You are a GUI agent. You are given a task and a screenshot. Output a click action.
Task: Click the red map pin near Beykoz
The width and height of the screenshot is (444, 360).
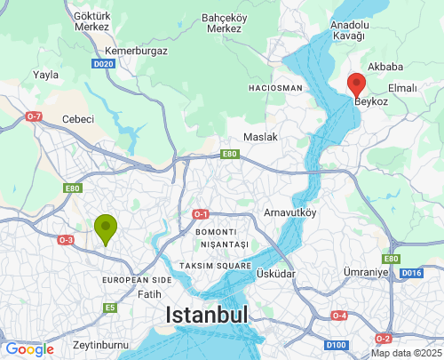356,84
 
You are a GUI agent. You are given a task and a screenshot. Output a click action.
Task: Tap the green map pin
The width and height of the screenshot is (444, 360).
106,228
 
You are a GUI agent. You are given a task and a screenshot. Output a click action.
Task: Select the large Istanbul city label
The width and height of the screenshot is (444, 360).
206,316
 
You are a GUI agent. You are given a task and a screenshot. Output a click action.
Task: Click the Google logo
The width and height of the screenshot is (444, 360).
28,349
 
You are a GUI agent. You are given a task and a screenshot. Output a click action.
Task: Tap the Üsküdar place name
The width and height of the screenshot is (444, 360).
275,274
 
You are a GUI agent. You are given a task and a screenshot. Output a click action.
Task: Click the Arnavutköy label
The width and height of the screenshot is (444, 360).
290,212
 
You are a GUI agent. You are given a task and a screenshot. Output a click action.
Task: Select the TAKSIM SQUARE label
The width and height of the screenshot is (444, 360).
214,266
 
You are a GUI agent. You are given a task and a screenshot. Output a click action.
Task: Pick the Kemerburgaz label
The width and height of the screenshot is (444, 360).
135,52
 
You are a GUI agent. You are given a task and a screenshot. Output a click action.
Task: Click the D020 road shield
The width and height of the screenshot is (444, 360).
103,65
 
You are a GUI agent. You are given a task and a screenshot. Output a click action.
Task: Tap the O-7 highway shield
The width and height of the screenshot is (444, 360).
34,116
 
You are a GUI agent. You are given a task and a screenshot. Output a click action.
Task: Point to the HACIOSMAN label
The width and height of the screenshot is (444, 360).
276,89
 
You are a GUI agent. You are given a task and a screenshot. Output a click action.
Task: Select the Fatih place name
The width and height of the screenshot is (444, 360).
149,292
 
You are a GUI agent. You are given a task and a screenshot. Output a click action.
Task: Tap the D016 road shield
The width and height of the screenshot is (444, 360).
411,273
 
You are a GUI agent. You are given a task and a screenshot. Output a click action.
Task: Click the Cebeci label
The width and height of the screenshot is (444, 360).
78,119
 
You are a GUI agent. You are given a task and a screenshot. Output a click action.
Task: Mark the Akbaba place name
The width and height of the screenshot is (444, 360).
386,67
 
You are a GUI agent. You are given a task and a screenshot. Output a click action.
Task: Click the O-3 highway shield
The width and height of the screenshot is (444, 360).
66,240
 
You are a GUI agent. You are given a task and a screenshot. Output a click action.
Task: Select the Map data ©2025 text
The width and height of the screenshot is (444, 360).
405,353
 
